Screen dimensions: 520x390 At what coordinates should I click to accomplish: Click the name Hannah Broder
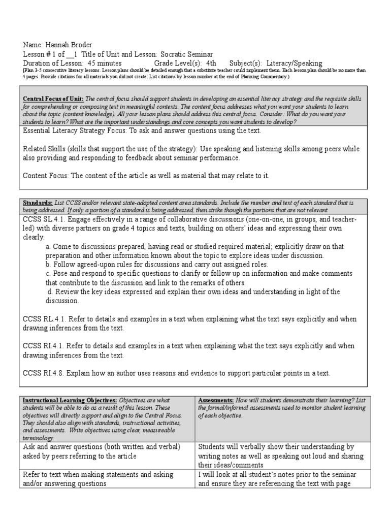(69, 44)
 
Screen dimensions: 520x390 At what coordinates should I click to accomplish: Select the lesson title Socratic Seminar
(187, 54)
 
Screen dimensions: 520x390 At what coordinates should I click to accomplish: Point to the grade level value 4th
(211, 63)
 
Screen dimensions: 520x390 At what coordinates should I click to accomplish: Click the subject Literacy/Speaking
(295, 63)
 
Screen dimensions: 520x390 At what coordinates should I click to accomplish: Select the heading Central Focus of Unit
(53, 99)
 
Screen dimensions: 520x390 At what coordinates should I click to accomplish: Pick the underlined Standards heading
(38, 203)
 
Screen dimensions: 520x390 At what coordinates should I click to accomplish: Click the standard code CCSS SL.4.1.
(45, 219)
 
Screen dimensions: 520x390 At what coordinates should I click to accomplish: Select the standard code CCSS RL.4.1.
(45, 319)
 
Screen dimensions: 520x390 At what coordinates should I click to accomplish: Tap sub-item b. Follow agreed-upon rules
(96, 265)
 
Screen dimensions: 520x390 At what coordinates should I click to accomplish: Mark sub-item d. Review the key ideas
(96, 291)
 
